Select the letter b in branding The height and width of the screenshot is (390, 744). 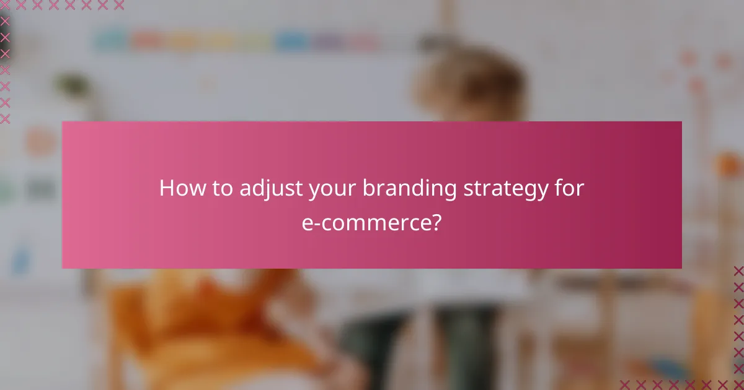[x=368, y=188]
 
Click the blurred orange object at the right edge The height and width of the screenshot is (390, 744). [x=728, y=164]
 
